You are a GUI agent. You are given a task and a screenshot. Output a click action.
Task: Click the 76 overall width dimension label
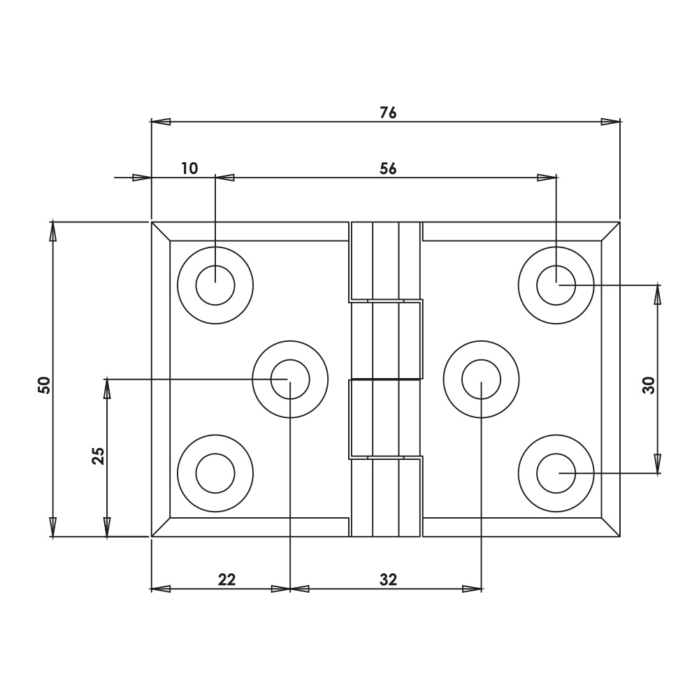click(x=388, y=112)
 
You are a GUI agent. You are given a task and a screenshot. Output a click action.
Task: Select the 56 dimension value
click(x=388, y=168)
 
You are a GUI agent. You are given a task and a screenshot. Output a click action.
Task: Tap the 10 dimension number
click(x=189, y=168)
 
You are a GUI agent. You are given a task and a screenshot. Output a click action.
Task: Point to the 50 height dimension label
click(x=44, y=384)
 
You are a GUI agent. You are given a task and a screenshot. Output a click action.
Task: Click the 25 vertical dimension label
click(x=98, y=456)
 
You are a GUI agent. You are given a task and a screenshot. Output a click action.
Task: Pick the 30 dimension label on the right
click(x=649, y=385)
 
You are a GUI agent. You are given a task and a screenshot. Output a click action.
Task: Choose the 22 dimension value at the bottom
click(x=226, y=579)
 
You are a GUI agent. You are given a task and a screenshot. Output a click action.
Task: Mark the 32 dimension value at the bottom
click(x=388, y=579)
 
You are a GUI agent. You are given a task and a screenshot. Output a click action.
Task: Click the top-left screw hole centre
click(x=215, y=285)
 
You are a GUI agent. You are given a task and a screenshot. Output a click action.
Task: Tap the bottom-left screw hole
click(x=215, y=473)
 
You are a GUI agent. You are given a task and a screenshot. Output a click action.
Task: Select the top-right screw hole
click(x=556, y=285)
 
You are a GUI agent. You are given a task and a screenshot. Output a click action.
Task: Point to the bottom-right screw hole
click(x=556, y=473)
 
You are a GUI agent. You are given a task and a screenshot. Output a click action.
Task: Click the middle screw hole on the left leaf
click(x=290, y=380)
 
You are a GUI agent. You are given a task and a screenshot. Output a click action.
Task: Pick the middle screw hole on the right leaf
click(x=481, y=380)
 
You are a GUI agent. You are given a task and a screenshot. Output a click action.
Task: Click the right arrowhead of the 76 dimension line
click(x=611, y=122)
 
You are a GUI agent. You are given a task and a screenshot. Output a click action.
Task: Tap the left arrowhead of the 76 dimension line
click(x=161, y=122)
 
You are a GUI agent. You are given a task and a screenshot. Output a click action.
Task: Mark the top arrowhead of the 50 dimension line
click(x=52, y=230)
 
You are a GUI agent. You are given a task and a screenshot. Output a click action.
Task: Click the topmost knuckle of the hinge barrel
click(x=385, y=261)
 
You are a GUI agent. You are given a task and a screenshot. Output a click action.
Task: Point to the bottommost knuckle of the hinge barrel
click(x=385, y=498)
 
